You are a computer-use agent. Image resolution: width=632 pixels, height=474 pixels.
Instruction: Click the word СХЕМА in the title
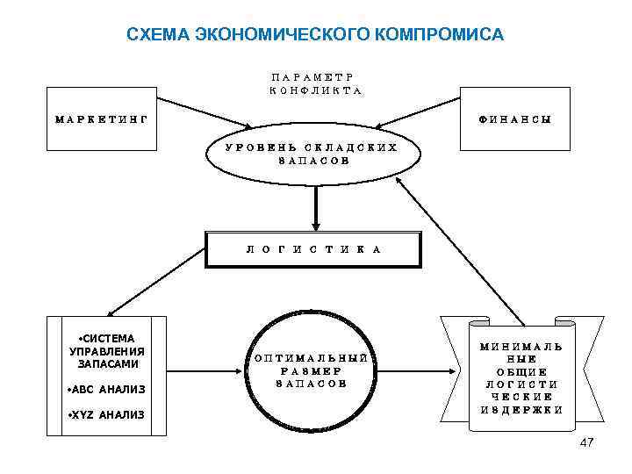158,35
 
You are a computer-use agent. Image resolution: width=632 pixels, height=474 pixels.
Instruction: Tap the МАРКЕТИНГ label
101,118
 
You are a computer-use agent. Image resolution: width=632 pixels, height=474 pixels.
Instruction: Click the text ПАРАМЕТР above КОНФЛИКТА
315,76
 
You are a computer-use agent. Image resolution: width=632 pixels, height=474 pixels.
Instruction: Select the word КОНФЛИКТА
315,91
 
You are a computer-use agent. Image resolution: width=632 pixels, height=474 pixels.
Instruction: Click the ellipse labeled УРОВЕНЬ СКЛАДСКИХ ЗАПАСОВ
312,154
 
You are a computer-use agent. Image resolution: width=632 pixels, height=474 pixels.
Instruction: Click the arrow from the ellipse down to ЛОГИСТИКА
315,208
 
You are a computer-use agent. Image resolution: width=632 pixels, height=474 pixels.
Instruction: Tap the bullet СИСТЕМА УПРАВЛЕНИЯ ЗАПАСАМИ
105,350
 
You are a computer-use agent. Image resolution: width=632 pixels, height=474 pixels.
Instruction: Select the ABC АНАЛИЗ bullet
106,389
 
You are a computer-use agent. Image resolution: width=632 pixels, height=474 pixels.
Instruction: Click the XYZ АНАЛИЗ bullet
106,415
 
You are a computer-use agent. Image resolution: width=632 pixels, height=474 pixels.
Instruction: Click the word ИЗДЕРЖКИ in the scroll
521,410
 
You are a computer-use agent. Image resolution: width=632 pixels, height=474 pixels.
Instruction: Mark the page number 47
586,442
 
